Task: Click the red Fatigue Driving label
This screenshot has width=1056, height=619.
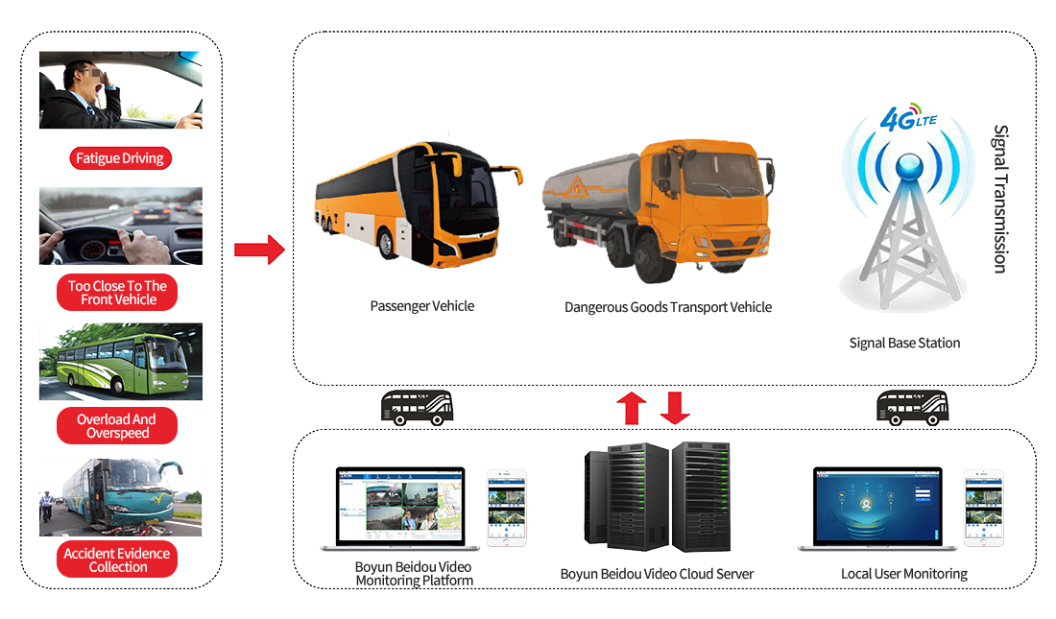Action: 121,158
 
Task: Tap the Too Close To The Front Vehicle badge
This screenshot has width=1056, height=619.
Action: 117,293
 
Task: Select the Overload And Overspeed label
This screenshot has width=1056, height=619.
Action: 117,426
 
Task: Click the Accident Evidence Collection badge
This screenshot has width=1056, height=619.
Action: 117,559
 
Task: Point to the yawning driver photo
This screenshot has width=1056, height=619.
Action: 121,90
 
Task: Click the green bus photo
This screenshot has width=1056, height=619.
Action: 121,362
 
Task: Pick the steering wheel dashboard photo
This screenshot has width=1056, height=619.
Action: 121,226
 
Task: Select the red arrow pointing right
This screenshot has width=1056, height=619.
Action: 259,250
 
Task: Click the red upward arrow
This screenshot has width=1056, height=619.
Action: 632,408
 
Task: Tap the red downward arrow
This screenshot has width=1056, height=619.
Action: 675,408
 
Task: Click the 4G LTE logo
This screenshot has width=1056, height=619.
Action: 908,118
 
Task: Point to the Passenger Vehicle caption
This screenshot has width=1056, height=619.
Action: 422,306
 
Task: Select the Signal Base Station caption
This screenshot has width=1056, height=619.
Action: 904,343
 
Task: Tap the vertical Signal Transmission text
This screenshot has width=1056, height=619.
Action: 1000,199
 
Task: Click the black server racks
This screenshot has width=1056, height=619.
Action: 658,497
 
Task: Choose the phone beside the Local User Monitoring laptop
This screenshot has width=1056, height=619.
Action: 984,508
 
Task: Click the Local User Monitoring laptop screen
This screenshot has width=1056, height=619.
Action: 877,506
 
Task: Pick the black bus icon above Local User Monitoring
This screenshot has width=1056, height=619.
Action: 913,408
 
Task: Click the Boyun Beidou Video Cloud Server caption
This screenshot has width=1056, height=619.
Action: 657,574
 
